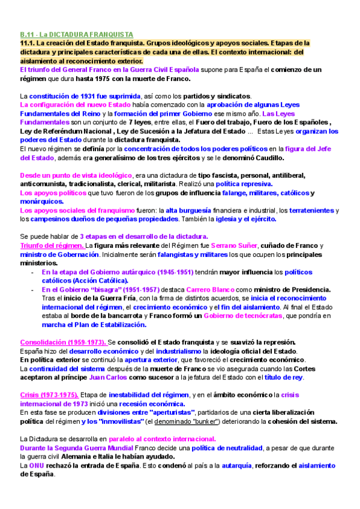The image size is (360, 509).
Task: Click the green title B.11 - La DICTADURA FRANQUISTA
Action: [76, 35]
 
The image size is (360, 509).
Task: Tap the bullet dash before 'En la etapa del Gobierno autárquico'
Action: [32, 272]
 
